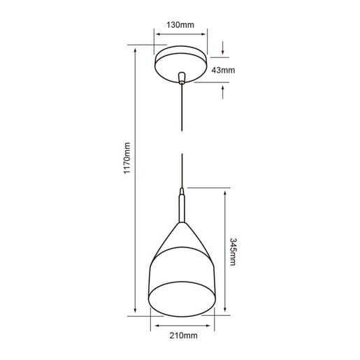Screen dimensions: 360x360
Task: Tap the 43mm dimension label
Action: click(224, 70)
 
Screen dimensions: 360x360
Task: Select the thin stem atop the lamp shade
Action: click(182, 206)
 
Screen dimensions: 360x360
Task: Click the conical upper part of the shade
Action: click(182, 241)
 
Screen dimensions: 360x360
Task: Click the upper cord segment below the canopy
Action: click(182, 112)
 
